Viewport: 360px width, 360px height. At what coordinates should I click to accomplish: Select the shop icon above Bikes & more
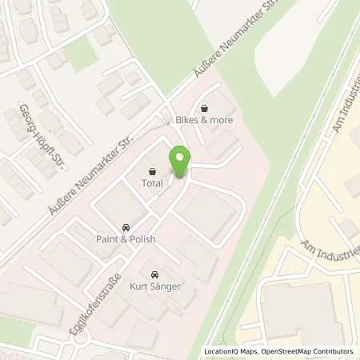click(205, 109)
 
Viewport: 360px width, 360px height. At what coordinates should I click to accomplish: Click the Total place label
click(153, 182)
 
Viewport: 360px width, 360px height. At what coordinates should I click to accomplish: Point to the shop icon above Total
click(153, 170)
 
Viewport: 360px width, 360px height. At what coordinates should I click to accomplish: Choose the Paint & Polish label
click(125, 239)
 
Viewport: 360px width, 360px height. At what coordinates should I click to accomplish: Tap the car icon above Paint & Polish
click(125, 227)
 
